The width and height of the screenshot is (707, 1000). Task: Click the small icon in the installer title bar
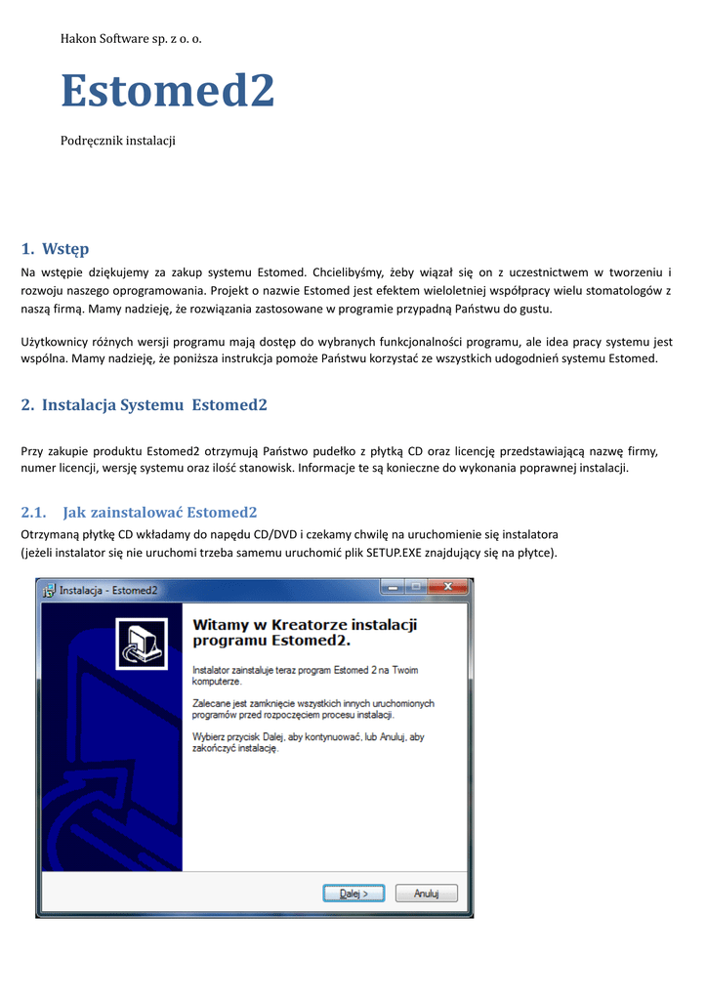click(47, 590)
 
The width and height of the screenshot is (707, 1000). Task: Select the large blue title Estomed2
click(168, 92)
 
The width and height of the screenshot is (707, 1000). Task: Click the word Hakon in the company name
click(80, 38)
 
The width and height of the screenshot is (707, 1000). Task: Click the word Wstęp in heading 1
click(65, 249)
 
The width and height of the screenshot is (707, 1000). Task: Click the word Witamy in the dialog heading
click(224, 624)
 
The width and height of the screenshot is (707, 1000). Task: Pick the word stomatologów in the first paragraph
click(623, 290)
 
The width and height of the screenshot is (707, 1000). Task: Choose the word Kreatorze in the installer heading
click(311, 624)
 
